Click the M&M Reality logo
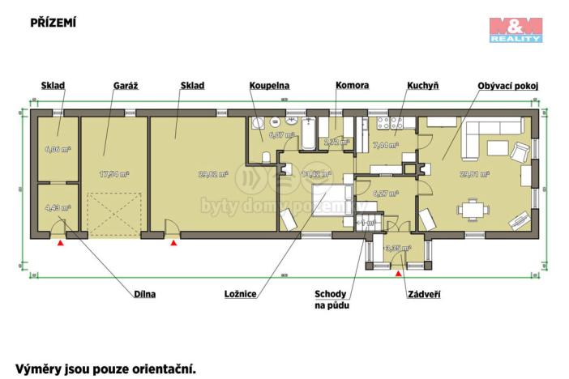516,29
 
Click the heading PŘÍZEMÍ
53,23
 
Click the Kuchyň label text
423,85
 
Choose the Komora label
353,85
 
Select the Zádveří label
423,294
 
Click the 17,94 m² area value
113,173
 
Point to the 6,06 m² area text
58,150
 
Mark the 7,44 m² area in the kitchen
384,145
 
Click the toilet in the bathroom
287,168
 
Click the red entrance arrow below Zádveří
397,274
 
